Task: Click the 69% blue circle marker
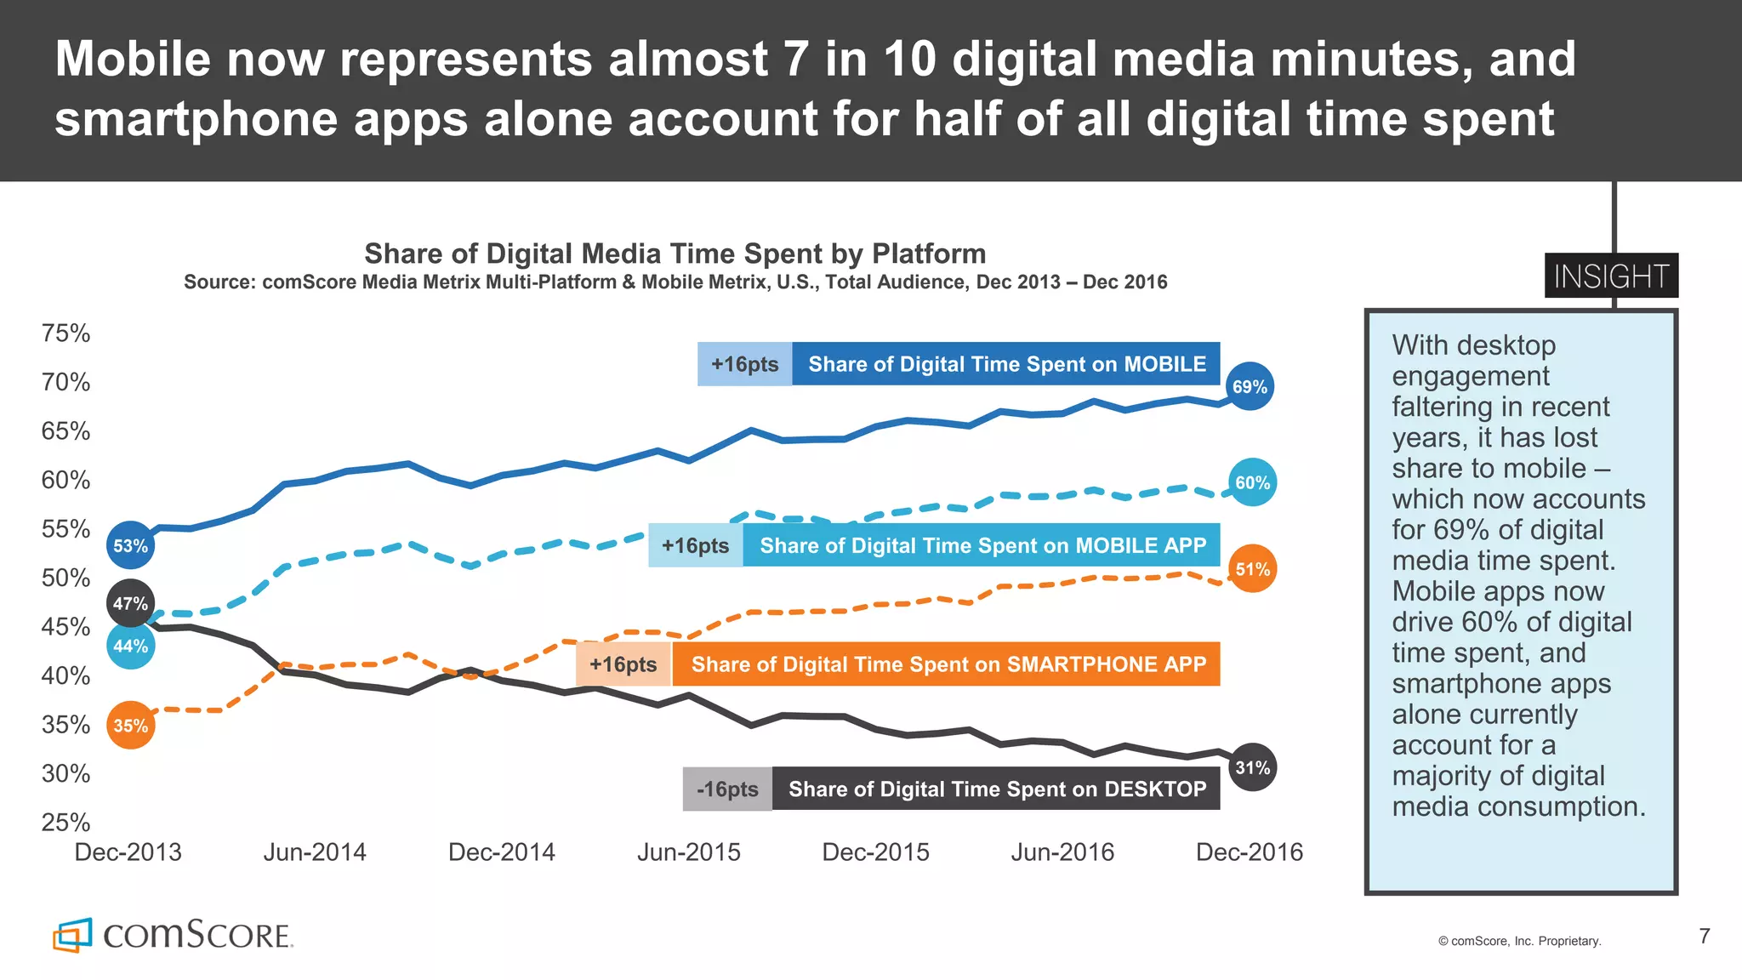1250,387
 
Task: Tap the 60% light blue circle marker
1252,482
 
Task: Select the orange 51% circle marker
1252,569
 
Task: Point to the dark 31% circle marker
1252,767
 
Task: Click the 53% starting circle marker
130,545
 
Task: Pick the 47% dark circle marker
130,603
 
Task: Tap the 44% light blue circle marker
130,646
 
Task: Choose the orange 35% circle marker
130,726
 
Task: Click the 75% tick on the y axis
65,333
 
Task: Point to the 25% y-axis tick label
65,823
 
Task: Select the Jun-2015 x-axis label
688,852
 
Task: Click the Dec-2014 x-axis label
501,852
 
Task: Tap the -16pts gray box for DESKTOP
727,789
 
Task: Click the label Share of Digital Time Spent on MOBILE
1006,364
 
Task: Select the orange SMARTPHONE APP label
947,664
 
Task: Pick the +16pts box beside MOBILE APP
695,545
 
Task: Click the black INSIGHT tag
1611,276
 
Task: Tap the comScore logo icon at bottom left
72,935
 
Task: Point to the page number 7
1704,936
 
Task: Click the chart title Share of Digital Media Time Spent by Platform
675,254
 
